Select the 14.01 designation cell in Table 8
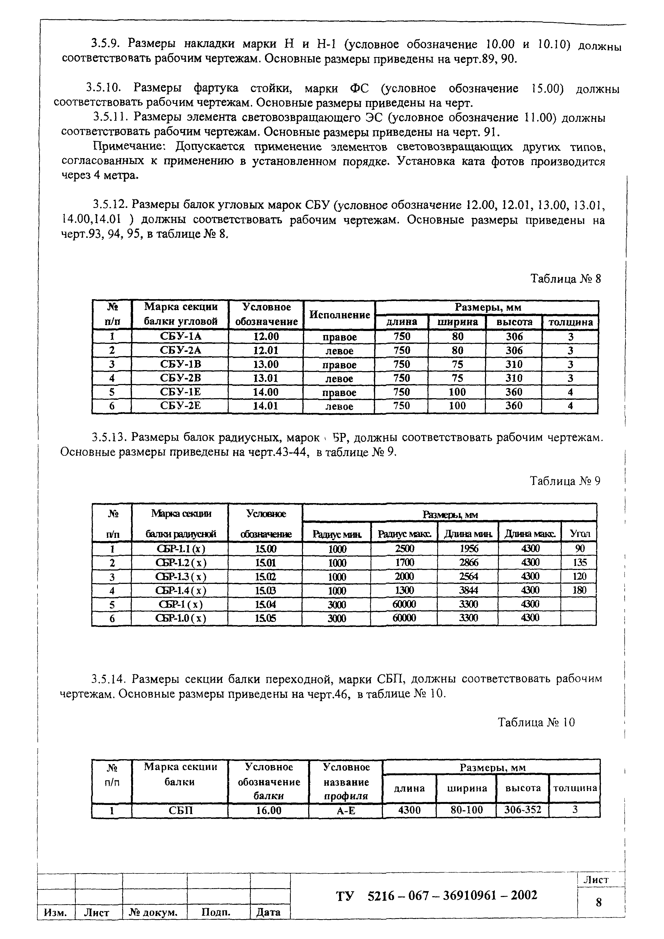(266, 406)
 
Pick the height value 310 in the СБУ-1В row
(514, 364)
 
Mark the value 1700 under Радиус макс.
(404, 563)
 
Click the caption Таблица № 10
(536, 723)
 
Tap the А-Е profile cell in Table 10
(346, 810)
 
